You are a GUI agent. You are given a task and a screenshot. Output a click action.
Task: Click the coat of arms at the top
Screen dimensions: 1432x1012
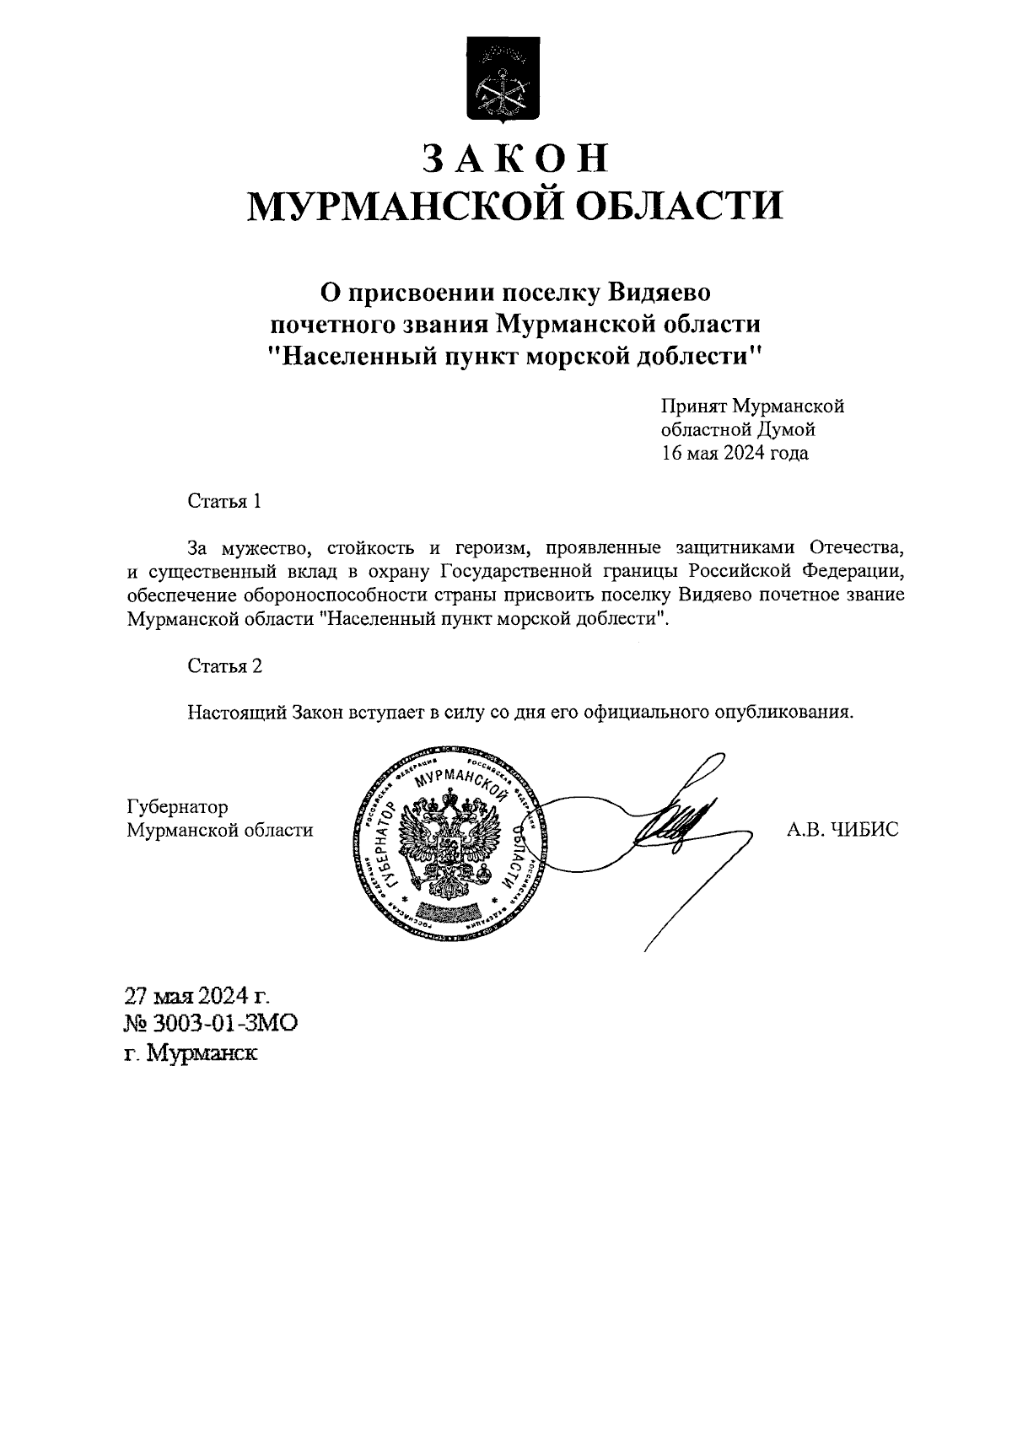coord(505,78)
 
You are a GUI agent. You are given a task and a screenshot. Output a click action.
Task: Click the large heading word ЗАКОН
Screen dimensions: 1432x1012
coord(514,159)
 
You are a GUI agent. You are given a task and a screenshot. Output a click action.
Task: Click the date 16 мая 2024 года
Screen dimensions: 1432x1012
coord(734,454)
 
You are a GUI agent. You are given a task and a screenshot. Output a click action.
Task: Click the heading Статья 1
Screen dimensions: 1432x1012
coord(224,501)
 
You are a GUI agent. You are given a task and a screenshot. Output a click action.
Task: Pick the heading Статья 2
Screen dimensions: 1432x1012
coord(224,666)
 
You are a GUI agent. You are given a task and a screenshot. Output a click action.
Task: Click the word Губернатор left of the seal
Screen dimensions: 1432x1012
coord(176,807)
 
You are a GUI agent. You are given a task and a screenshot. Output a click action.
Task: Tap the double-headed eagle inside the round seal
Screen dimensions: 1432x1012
coord(447,843)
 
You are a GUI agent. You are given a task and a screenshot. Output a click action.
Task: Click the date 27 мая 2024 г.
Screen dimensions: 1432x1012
coord(198,996)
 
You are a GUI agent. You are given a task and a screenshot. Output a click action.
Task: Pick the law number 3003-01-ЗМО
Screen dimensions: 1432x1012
coord(223,1025)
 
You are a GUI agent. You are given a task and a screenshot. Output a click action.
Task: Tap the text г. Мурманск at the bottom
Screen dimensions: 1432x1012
coord(191,1054)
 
